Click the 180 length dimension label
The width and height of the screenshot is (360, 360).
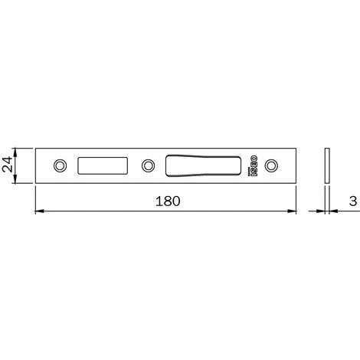[168, 201]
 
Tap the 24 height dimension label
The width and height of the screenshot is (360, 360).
[7, 165]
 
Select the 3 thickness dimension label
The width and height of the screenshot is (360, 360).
[353, 201]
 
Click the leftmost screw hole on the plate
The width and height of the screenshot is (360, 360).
[61, 165]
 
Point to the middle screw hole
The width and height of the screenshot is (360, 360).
[148, 165]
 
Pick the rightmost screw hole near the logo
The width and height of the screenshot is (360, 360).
[271, 165]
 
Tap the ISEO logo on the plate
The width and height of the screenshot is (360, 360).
[253, 165]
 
